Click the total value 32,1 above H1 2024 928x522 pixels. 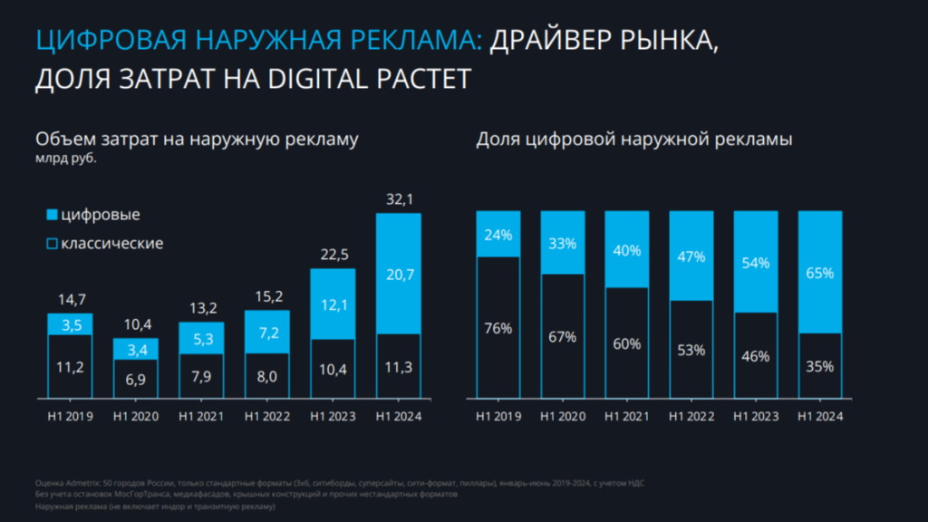coord(399,198)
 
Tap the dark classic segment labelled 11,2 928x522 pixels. coord(71,366)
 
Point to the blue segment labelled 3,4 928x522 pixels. coord(136,350)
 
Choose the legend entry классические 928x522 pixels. coord(111,244)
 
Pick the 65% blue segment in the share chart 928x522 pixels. coord(820,272)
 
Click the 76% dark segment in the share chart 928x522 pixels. coord(499,328)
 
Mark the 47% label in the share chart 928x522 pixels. coord(691,256)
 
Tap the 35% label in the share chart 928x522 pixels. coord(820,367)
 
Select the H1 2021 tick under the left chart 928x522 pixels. coord(201,417)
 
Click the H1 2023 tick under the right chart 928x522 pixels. coord(756,417)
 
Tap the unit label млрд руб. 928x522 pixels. coord(65,159)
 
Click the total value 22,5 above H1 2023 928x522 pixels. coord(333,255)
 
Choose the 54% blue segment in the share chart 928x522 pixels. coord(756,263)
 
